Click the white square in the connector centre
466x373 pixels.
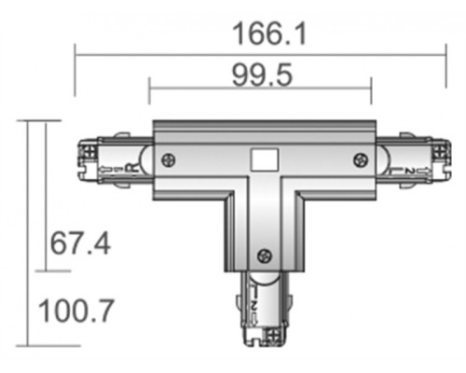click(x=262, y=159)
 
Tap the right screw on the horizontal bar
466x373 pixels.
click(x=358, y=161)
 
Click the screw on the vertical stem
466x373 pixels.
click(x=265, y=254)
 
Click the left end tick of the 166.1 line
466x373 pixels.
click(x=75, y=54)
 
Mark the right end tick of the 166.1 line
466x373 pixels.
click(x=448, y=54)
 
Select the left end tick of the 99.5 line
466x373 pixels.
click(x=149, y=91)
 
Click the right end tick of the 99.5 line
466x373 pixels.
click(x=372, y=91)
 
